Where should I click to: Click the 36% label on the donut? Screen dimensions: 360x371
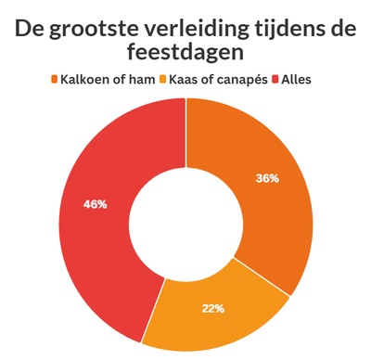pyautogui.click(x=268, y=179)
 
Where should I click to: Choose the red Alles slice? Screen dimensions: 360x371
pyautogui.click(x=93, y=241)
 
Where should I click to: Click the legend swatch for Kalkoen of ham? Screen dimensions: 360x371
pyautogui.click(x=55, y=79)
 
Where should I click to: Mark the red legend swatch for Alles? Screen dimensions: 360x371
pyautogui.click(x=275, y=79)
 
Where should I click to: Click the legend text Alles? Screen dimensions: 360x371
pyautogui.click(x=297, y=79)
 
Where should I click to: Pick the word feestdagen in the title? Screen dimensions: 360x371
pyautogui.click(x=186, y=55)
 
